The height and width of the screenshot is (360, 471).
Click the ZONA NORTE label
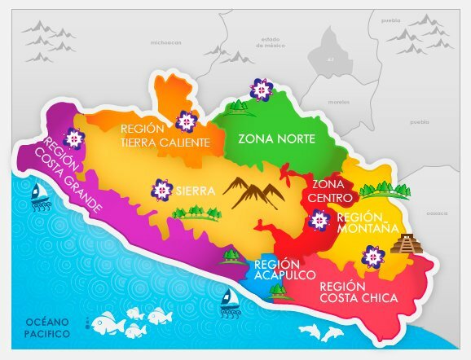[x=275, y=139]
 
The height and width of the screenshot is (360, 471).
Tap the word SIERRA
[x=196, y=192]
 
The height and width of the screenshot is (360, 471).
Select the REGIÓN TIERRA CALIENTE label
[x=165, y=135]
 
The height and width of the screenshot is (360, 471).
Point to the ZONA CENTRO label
[x=331, y=191]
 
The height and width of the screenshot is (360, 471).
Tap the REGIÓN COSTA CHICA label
[x=359, y=292]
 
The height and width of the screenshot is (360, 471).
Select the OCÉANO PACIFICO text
[x=46, y=327]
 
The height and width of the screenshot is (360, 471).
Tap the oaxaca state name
[x=438, y=213]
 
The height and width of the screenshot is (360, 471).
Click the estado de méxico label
[x=271, y=42]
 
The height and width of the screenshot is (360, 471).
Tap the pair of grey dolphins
[x=321, y=333]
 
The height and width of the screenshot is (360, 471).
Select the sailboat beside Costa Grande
[x=38, y=196]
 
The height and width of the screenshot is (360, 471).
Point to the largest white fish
[x=107, y=324]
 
